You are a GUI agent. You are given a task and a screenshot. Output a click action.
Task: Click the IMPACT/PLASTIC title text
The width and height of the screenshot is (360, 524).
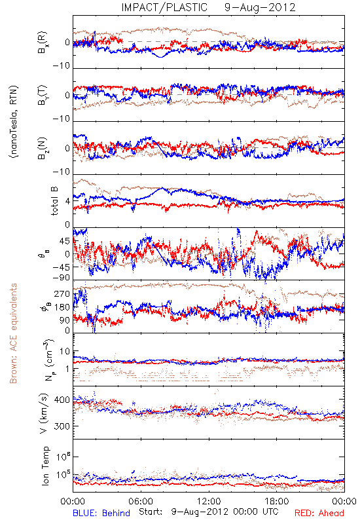pyautogui.click(x=164, y=7)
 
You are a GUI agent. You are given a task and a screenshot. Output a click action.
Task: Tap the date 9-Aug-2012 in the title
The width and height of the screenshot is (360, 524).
pyautogui.click(x=260, y=7)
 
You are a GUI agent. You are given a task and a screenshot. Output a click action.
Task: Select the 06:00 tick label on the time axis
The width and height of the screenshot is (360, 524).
pyautogui.click(x=141, y=501)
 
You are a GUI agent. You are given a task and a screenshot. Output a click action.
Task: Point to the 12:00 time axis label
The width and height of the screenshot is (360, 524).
pyautogui.click(x=209, y=501)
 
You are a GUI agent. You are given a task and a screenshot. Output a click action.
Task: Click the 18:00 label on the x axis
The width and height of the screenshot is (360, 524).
pyautogui.click(x=277, y=501)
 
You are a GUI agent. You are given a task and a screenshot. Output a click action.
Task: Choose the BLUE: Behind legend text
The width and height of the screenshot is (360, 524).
pyautogui.click(x=101, y=514)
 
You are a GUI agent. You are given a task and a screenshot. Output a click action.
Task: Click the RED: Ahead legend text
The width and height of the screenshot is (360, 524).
pyautogui.click(x=319, y=514)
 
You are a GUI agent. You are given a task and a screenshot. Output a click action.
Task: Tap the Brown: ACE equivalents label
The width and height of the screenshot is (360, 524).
pyautogui.click(x=13, y=333)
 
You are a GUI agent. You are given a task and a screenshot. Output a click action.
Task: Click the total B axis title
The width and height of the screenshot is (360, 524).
pyautogui.click(x=54, y=201)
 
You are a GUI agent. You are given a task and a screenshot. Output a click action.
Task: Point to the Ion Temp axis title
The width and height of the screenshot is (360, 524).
pyautogui.click(x=45, y=466)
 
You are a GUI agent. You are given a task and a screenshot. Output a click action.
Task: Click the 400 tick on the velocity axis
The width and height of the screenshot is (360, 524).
pyautogui.click(x=62, y=400)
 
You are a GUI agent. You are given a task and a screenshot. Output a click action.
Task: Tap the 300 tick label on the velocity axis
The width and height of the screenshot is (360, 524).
pyautogui.click(x=62, y=426)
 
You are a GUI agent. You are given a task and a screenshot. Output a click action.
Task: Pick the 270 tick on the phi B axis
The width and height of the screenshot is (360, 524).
pyautogui.click(x=62, y=293)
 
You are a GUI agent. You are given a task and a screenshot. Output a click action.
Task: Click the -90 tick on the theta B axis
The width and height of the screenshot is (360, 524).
pyautogui.click(x=61, y=278)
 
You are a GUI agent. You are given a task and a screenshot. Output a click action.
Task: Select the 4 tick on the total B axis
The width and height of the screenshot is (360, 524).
pyautogui.click(x=68, y=201)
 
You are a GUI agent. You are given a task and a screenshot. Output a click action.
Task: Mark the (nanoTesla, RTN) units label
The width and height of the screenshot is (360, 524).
pyautogui.click(x=14, y=122)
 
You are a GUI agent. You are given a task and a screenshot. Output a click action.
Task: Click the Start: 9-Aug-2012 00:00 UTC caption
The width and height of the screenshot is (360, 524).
pyautogui.click(x=209, y=512)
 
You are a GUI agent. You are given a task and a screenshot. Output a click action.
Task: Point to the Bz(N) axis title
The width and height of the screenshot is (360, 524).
pyautogui.click(x=43, y=148)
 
